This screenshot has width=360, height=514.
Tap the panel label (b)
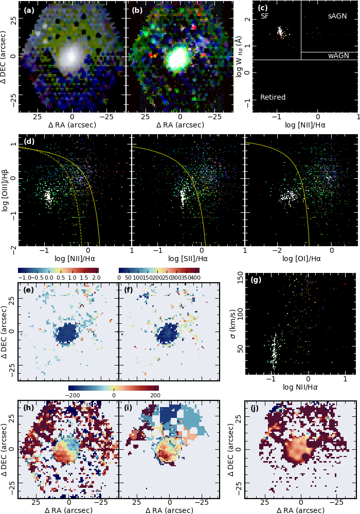137,10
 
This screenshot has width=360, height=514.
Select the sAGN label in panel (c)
337,16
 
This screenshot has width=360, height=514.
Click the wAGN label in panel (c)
337,56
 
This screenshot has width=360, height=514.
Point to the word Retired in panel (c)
273,97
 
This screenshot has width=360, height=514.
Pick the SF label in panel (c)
265,16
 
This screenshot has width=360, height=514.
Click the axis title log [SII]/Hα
189,259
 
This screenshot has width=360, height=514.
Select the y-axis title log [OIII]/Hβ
6,191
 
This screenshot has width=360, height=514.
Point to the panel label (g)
256,280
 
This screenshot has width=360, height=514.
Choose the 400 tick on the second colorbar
194,278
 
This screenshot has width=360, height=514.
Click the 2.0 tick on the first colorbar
95,278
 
